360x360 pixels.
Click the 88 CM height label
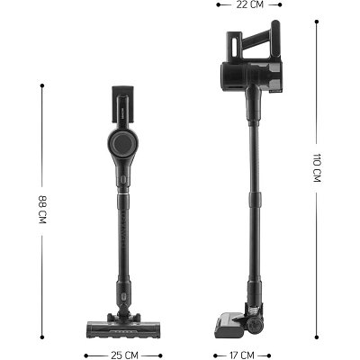[x=42, y=210]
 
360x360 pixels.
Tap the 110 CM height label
[x=317, y=167]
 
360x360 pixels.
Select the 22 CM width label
[x=249, y=4]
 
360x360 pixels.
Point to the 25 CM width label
[x=124, y=355]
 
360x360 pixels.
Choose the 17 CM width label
[x=242, y=355]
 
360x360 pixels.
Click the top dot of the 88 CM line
[x=42, y=85]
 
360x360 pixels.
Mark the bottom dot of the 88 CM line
[x=42, y=337]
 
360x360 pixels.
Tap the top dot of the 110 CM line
[x=317, y=22]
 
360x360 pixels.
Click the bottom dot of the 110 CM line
[x=317, y=337]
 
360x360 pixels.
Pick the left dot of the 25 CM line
[x=86, y=355]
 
